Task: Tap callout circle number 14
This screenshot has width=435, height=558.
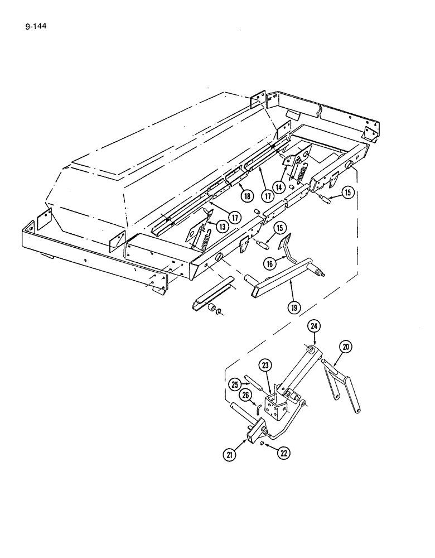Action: pyautogui.click(x=278, y=186)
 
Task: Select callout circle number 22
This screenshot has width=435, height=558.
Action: pyautogui.click(x=284, y=453)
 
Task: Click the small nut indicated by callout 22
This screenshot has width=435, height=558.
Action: pyautogui.click(x=262, y=443)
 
